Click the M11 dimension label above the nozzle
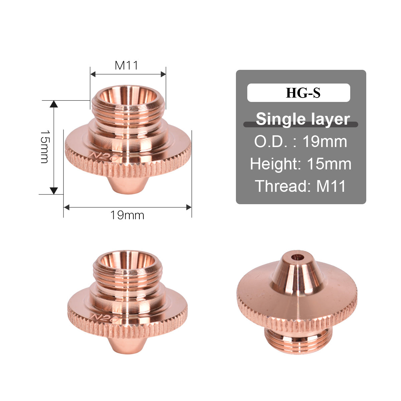[126, 65]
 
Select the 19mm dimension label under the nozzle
[127, 215]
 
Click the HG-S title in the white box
[303, 93]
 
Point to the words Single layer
[303, 119]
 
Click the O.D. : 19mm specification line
[301, 142]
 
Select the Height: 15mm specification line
[301, 164]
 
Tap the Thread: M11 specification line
[300, 186]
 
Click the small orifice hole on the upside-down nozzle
[297, 257]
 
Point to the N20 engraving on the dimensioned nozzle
[105, 157]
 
